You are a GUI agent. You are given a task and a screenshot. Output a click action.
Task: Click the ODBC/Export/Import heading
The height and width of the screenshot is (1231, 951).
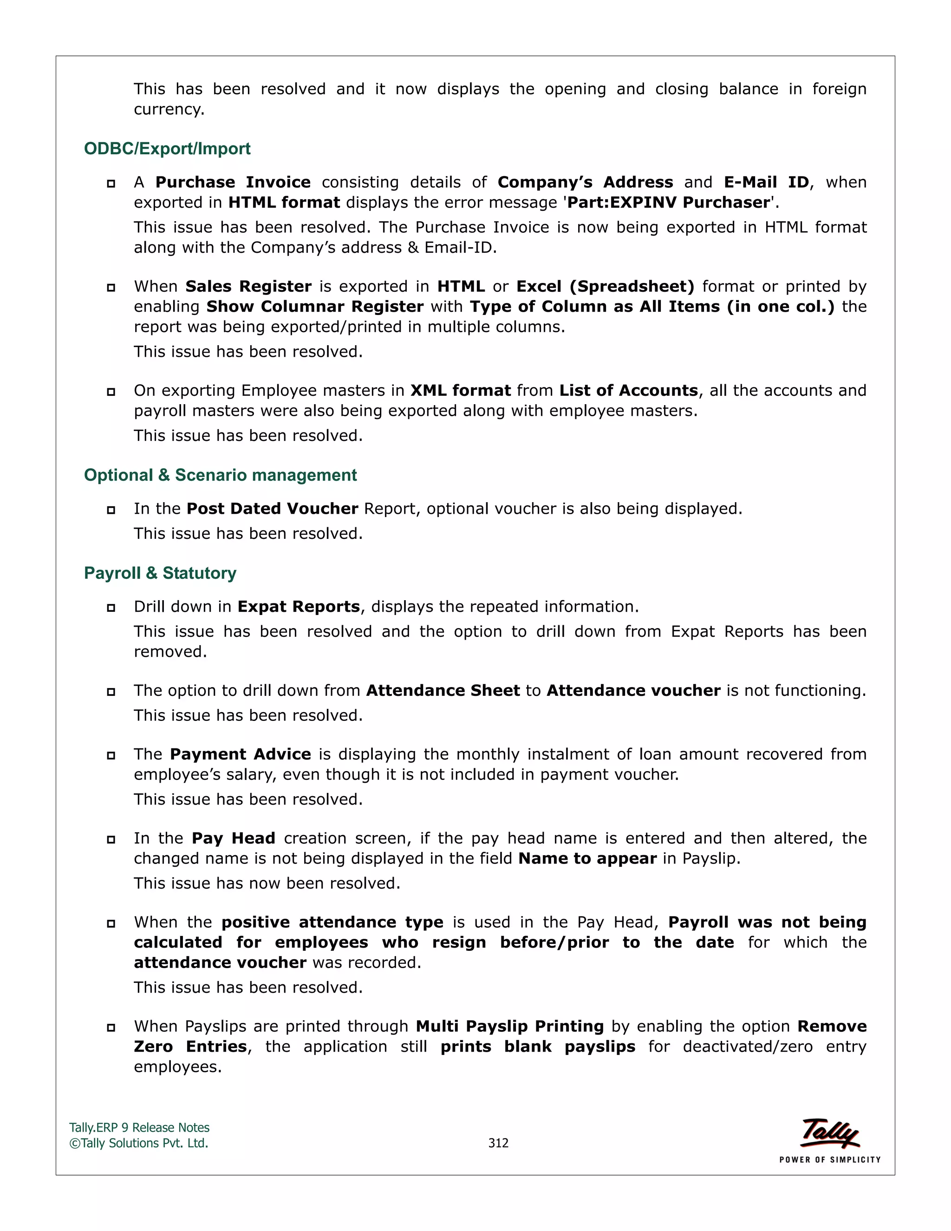167,149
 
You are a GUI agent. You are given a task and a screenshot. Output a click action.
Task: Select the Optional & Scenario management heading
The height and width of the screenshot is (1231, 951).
220,475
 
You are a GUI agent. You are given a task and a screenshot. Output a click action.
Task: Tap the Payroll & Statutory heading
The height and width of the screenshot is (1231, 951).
160,573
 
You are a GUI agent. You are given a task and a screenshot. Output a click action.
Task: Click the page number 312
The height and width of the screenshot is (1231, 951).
498,1143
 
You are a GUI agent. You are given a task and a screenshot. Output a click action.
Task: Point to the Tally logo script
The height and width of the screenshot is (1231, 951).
829,1133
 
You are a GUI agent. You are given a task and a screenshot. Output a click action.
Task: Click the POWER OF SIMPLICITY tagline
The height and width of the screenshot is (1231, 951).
829,1160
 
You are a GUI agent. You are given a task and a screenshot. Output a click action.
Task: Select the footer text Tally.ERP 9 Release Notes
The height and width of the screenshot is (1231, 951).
139,1128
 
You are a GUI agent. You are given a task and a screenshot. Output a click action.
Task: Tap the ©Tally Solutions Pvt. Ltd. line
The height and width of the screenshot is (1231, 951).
138,1143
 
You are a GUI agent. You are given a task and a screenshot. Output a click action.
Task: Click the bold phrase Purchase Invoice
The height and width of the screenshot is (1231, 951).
233,183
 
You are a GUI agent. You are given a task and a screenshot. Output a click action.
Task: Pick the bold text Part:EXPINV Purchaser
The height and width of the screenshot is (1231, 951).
668,203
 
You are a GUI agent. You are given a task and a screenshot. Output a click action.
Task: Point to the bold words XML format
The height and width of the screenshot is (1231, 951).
460,391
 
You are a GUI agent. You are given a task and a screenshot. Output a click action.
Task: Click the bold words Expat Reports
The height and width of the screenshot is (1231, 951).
299,607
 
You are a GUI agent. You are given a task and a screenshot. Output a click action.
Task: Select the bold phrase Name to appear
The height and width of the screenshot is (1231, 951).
587,858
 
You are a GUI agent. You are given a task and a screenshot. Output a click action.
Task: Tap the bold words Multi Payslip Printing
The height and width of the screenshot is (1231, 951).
509,1027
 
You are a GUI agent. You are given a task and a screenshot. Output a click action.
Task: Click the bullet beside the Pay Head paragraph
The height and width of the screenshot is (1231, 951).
111,840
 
